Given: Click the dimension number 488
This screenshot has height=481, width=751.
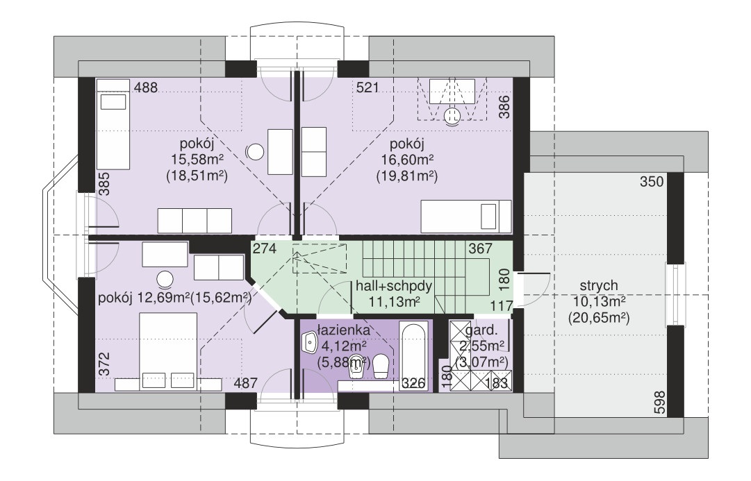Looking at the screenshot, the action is (146, 87).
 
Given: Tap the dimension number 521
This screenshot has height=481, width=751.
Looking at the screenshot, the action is (368, 87).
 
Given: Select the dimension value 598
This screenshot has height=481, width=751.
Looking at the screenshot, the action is (659, 403).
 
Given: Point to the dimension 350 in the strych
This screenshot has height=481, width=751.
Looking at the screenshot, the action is (652, 182).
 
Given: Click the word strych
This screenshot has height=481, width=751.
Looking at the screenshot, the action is (599, 286).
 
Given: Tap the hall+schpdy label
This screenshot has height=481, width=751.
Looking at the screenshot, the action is (394, 287).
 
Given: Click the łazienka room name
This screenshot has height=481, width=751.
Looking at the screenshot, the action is (344, 330).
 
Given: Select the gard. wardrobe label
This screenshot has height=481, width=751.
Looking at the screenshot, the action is (481, 330).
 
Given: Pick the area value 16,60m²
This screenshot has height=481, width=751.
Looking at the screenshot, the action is (407, 160).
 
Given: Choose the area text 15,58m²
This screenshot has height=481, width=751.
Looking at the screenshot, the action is (197, 160).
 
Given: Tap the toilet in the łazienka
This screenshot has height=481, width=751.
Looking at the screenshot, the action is (381, 367).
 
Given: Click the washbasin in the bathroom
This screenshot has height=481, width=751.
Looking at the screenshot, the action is (310, 341).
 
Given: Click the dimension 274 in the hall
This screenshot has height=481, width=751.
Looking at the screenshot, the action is (265, 249).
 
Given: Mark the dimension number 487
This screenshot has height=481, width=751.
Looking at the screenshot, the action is (246, 383).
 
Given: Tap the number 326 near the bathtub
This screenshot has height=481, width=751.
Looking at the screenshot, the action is (413, 383).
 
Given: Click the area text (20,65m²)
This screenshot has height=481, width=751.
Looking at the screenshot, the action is (598, 317).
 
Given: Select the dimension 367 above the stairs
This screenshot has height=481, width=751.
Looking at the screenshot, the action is (480, 248).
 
